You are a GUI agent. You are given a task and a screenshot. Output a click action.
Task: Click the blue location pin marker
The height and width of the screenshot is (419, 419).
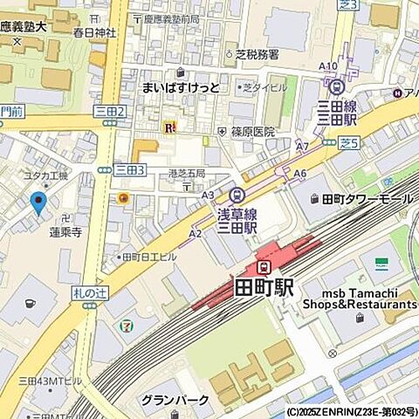38,203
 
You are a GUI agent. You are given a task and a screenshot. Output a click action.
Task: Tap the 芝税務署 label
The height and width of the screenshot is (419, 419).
257,53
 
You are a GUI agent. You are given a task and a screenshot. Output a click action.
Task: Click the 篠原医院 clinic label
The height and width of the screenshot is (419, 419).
253,132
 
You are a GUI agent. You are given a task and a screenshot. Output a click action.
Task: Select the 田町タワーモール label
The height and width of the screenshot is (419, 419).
367,200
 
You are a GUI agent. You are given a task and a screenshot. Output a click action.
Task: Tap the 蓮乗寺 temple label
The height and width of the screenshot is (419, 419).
65,232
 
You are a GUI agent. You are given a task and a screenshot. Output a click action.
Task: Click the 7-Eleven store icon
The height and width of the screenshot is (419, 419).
127,326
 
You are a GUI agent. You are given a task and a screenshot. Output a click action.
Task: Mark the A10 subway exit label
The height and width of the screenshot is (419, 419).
327,66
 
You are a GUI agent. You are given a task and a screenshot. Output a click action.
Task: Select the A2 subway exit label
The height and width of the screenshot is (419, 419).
195,233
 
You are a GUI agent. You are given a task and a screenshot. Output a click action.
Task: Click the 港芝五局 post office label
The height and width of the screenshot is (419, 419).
186,173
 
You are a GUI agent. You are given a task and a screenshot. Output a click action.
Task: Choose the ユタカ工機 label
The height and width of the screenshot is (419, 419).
45,175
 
